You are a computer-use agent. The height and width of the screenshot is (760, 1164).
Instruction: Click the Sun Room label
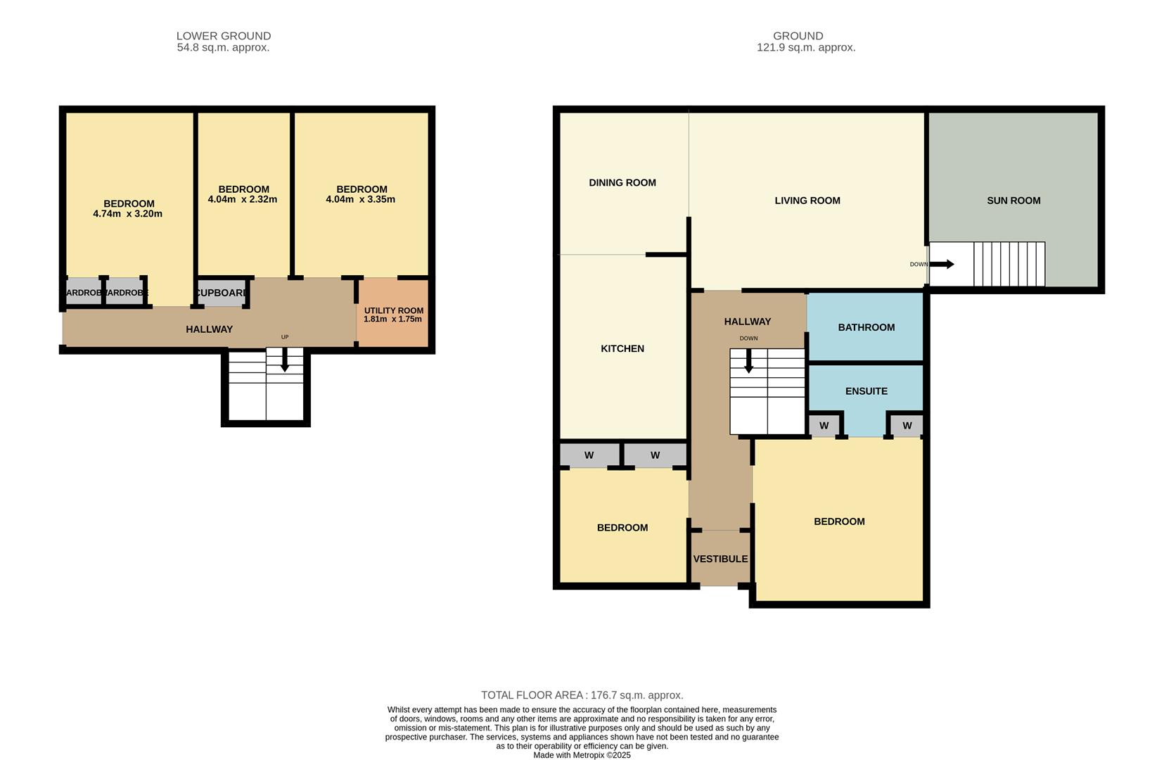[1013, 201]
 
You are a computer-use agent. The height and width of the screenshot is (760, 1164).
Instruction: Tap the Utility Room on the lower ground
[393, 314]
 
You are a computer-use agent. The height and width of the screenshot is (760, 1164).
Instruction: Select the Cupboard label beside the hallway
[221, 293]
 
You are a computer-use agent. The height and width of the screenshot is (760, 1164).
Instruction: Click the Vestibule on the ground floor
[720, 559]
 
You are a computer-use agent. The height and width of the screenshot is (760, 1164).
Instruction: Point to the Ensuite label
[866, 391]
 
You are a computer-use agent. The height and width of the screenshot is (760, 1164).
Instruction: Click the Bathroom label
[866, 327]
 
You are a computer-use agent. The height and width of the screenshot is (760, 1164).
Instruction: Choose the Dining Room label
[622, 183]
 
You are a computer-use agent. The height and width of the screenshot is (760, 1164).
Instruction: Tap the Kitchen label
[622, 348]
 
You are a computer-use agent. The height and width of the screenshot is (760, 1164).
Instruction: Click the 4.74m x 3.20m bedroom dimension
[127, 214]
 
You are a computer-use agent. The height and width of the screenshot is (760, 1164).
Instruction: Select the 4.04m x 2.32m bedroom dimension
[242, 199]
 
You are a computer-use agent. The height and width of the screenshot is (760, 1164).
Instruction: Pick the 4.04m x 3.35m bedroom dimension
[360, 199]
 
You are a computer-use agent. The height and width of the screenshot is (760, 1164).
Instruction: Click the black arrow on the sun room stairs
[942, 264]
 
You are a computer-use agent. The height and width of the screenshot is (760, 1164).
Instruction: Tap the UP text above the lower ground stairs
[285, 337]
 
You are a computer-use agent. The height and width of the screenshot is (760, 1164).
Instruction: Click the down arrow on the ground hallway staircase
[748, 361]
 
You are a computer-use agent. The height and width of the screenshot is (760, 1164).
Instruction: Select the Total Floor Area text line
[582, 695]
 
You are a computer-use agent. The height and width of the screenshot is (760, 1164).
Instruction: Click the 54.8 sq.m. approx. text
[223, 48]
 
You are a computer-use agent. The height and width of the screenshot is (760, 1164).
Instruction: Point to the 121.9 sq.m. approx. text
[805, 48]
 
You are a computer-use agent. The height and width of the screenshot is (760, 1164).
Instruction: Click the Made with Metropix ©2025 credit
[582, 755]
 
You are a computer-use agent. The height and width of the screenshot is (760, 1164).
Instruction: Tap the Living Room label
[807, 201]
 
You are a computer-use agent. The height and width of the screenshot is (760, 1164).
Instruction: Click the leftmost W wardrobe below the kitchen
[589, 455]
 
